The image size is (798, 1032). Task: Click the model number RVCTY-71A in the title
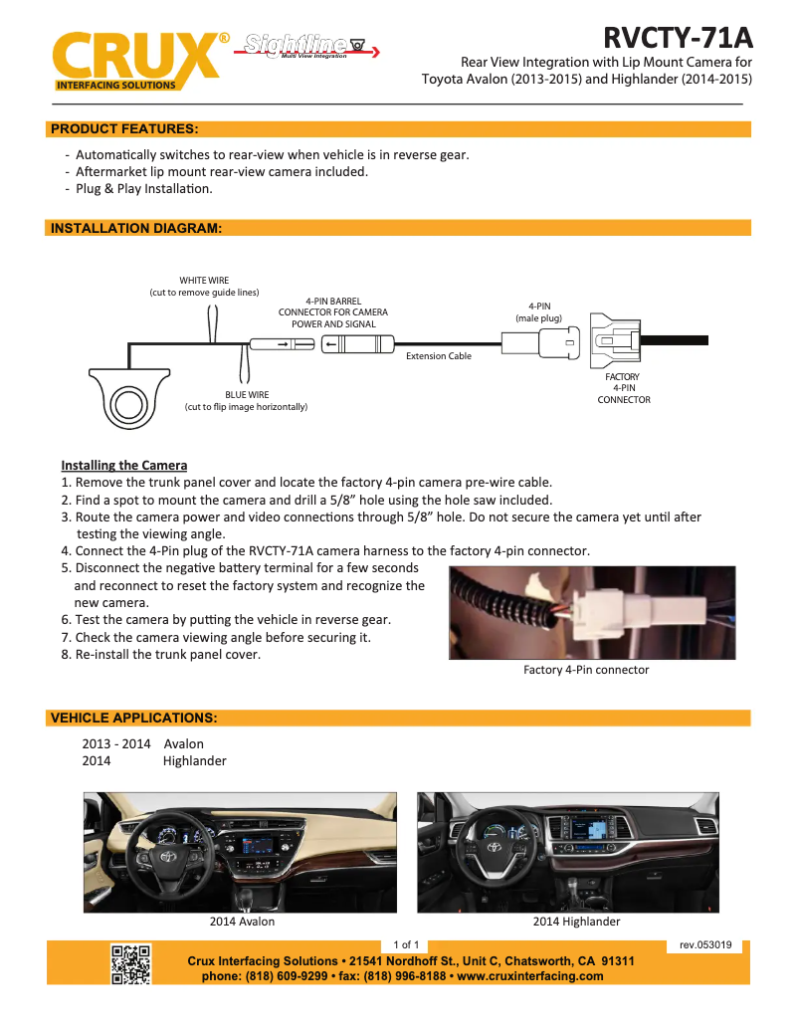[678, 38]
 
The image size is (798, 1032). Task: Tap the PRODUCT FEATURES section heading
[124, 128]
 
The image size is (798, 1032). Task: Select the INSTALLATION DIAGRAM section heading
[135, 228]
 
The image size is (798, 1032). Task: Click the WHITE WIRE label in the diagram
[204, 287]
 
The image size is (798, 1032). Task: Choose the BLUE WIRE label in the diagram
[246, 401]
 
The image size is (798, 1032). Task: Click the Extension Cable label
[439, 355]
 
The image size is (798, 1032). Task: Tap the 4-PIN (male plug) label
[539, 311]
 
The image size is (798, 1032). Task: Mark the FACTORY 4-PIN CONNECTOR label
[624, 388]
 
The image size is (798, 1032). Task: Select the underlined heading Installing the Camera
[123, 465]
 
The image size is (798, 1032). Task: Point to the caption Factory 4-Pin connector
[586, 670]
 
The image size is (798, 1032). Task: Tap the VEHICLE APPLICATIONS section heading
[133, 718]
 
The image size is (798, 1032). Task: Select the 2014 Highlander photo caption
[576, 922]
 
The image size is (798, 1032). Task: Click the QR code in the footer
[130, 963]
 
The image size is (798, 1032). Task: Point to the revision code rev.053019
[705, 944]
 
